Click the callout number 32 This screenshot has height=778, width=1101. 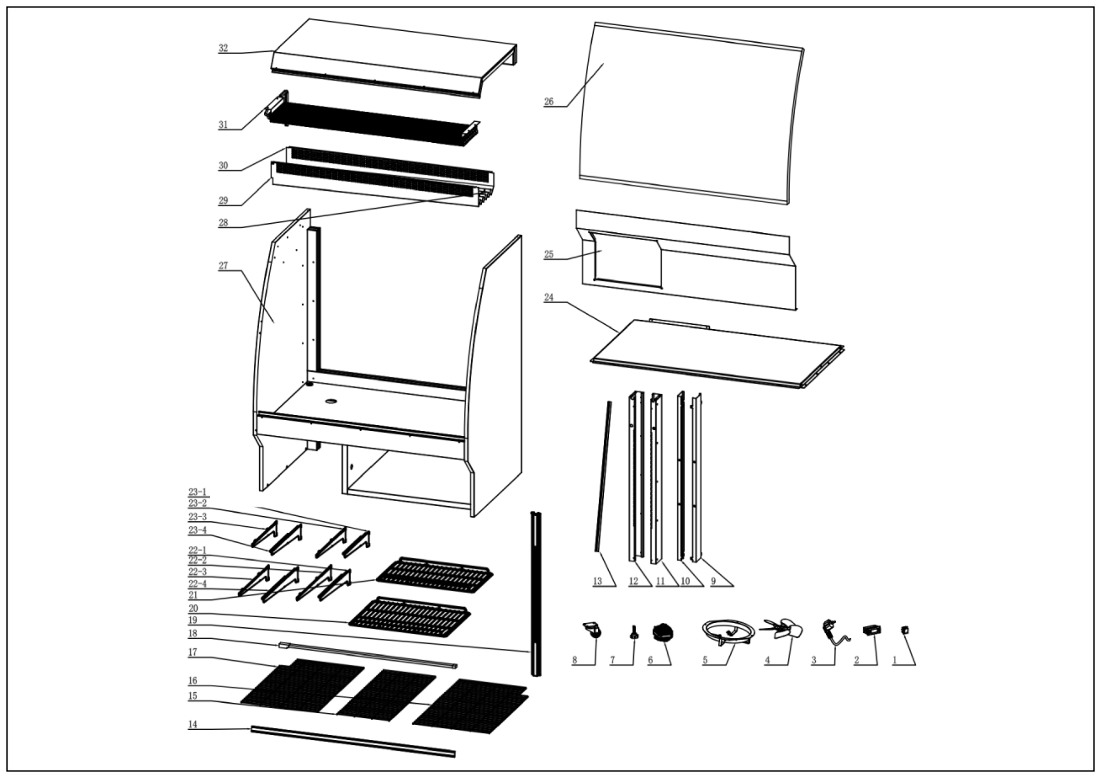tap(223, 48)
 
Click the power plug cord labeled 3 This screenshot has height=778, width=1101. tap(833, 632)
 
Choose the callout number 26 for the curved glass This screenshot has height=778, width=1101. tap(549, 101)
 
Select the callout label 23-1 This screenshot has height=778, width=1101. tap(197, 492)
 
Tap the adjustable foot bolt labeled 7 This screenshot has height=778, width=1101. tap(634, 632)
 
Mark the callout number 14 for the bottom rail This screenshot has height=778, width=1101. tap(192, 724)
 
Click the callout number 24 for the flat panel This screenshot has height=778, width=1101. tap(549, 297)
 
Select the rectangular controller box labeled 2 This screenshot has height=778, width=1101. tap(872, 629)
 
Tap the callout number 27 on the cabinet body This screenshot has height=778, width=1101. tap(223, 265)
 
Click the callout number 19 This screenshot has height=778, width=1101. tap(192, 620)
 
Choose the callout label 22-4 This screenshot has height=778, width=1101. tap(197, 584)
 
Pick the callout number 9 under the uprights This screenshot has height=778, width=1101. tap(713, 581)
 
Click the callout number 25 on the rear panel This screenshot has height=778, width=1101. tap(549, 254)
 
